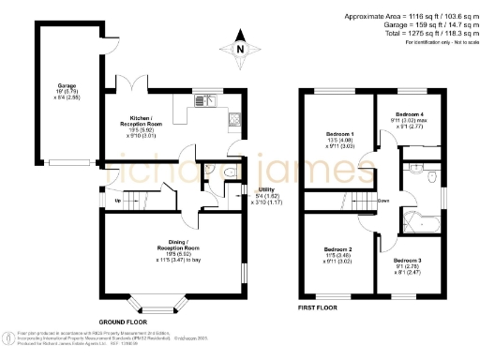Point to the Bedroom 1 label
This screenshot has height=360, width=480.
pyautogui.click(x=337, y=135)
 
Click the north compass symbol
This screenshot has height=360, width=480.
pyautogui.click(x=239, y=48)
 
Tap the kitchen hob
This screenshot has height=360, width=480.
pyautogui.click(x=235, y=119)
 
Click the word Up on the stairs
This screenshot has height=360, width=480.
pyautogui.click(x=117, y=201)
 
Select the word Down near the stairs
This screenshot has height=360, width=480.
pyautogui.click(x=383, y=200)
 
